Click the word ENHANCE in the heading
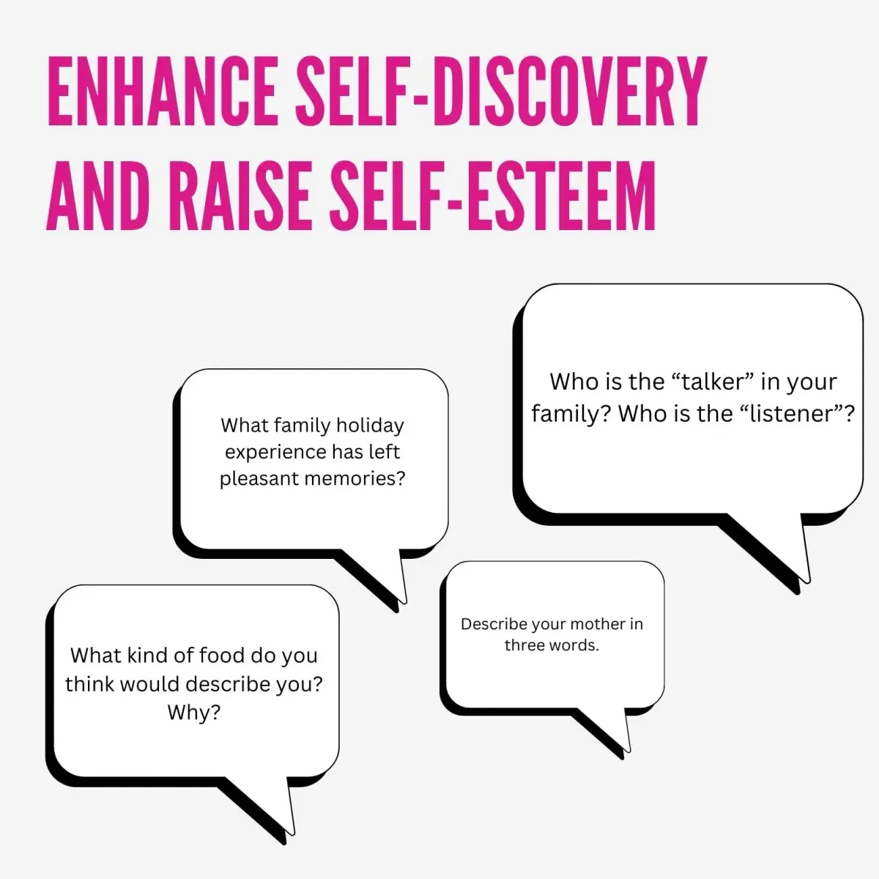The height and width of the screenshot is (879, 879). pos(163,92)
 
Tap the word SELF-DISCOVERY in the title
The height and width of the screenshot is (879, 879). pos(501,92)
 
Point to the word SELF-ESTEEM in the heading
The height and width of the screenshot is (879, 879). pos(493,196)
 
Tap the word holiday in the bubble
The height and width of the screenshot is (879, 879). pos(370,426)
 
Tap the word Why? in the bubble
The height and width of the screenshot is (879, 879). pos(194,712)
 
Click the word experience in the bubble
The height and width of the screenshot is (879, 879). pos(275,453)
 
